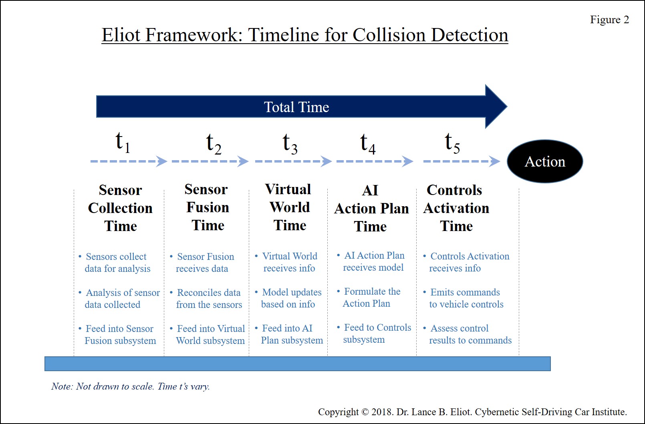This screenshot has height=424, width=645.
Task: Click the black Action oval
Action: click(545, 161)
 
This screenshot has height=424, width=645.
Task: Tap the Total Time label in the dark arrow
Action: click(296, 107)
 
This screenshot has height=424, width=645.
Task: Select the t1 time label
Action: click(123, 142)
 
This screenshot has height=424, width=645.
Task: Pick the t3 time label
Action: click(290, 144)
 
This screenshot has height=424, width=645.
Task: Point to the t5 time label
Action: click(452, 143)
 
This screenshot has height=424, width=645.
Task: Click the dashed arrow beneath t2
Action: click(210, 161)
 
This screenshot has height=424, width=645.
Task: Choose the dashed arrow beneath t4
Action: click(375, 161)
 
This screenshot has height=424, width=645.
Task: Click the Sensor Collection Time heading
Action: click(120, 208)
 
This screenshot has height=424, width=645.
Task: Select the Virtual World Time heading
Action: click(289, 207)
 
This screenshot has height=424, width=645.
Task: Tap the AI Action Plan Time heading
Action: click(371, 208)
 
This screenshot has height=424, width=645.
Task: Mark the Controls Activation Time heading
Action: click(456, 208)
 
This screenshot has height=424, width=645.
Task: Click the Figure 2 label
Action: click(609, 20)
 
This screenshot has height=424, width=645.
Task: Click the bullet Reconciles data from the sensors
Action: click(206, 299)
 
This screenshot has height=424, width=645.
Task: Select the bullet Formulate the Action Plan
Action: click(369, 297)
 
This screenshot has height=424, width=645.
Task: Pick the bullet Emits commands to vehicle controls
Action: click(463, 298)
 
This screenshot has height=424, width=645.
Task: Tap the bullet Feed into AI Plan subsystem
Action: click(289, 334)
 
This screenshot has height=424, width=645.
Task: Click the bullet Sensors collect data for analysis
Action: click(115, 263)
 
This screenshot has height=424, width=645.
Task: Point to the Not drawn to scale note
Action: click(130, 386)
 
